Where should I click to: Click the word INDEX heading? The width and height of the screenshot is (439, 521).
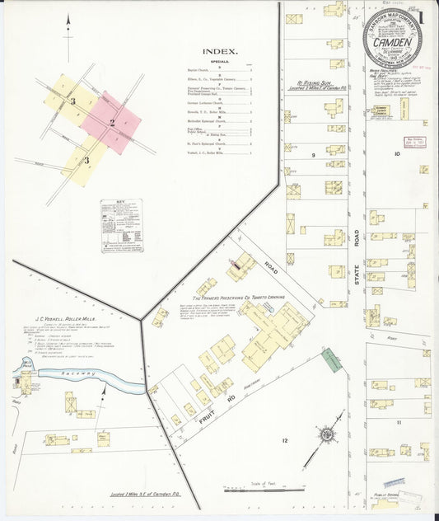point(221,51)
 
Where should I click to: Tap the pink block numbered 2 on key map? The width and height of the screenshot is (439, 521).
point(112,123)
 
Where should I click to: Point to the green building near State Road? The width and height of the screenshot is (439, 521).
point(331,359)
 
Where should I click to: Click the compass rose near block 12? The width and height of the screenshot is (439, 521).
point(327,432)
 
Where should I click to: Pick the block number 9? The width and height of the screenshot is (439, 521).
point(313,154)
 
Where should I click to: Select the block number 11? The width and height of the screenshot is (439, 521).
point(398,421)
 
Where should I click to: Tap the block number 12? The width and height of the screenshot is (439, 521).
point(284,441)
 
